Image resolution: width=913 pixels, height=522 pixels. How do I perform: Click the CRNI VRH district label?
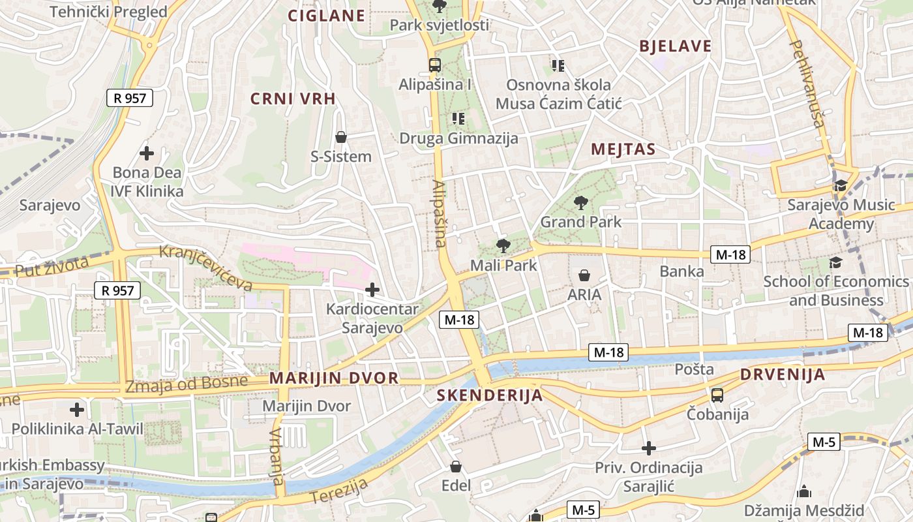(293, 99)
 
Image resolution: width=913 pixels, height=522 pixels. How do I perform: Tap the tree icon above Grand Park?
(580, 203)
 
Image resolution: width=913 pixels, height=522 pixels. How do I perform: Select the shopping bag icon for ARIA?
(584, 275)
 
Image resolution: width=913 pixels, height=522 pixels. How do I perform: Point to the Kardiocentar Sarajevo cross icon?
(372, 289)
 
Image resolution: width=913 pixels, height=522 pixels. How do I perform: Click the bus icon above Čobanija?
(717, 395)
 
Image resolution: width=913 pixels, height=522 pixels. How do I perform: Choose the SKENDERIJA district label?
(489, 395)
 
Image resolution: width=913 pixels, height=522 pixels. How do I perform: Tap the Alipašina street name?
(438, 213)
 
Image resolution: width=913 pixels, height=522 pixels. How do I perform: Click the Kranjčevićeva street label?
(205, 268)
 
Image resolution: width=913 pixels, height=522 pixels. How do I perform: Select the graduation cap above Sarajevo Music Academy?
(841, 185)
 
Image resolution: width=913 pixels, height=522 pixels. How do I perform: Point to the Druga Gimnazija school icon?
(458, 118)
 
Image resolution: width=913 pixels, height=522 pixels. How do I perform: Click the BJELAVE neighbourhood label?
(675, 46)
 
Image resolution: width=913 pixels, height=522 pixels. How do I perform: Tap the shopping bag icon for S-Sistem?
(340, 137)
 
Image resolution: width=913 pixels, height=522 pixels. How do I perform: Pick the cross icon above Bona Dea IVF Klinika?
(147, 153)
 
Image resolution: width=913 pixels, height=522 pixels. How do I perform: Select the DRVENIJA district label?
(783, 375)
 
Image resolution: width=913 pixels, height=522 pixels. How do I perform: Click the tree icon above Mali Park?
(503, 246)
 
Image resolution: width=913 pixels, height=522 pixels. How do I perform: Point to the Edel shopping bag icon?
(456, 467)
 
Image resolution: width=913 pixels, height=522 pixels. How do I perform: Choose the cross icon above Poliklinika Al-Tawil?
(77, 410)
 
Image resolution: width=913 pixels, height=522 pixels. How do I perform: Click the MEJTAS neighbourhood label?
(623, 149)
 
